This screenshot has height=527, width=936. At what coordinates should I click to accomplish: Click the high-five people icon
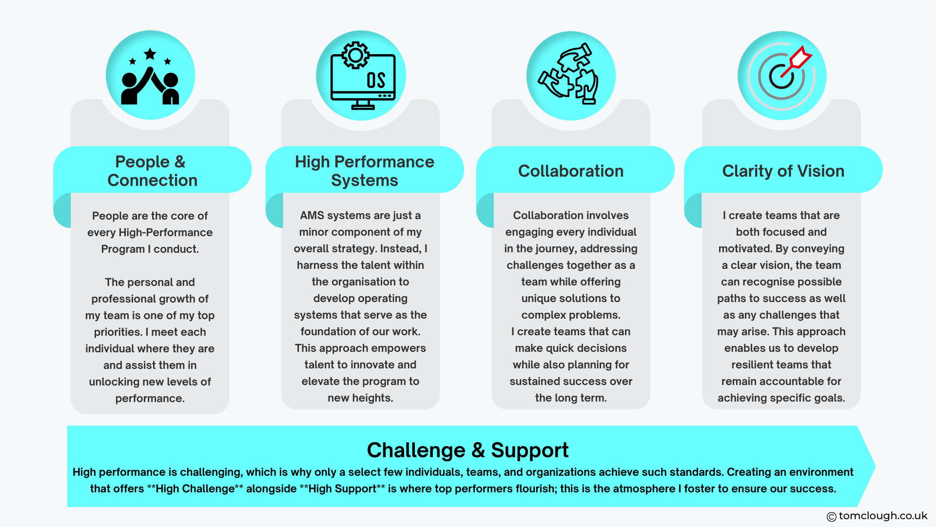(x=150, y=78)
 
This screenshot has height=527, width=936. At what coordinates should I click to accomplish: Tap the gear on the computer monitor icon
(x=355, y=55)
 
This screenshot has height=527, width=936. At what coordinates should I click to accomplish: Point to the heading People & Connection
(x=152, y=171)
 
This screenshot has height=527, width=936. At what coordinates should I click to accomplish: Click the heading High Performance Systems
(x=364, y=171)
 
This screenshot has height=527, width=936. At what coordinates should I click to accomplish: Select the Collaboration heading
(x=570, y=171)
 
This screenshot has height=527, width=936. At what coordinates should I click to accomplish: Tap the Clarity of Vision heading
(x=783, y=171)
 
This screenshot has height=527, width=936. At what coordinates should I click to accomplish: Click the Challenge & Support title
(x=467, y=450)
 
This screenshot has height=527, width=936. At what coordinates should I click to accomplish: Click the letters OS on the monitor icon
(x=376, y=80)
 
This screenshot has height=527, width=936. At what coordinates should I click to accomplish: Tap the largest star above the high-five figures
(x=150, y=54)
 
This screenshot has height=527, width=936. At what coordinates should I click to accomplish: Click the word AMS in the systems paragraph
(x=311, y=215)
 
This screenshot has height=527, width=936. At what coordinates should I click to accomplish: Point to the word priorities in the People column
(x=117, y=332)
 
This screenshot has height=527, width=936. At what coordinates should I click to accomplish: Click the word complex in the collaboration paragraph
(x=541, y=315)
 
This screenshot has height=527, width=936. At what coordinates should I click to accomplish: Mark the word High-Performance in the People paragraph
(x=166, y=232)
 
